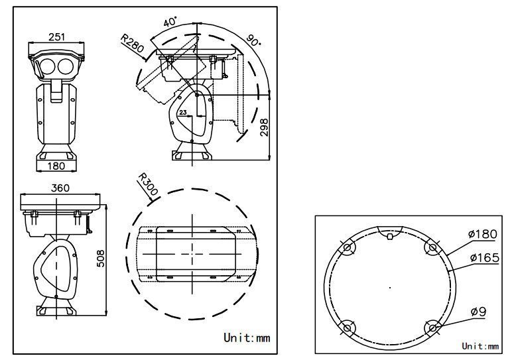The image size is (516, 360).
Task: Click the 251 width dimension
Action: (57, 36)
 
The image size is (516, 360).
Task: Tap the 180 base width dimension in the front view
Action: (56, 166)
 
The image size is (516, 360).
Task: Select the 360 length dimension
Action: (60, 188)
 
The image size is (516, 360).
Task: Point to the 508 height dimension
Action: (101, 259)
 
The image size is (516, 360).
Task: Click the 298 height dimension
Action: (264, 127)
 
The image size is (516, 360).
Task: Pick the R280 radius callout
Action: (132, 43)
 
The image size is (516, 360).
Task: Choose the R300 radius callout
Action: (148, 184)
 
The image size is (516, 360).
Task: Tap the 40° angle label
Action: (170, 22)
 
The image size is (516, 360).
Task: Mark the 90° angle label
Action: (253, 40)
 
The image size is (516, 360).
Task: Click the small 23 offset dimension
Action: (183, 112)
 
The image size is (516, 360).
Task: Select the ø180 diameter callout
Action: (483, 234)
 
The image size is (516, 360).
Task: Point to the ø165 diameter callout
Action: (485, 258)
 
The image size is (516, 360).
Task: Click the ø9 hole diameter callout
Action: (478, 312)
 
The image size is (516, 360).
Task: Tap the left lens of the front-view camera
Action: (46, 66)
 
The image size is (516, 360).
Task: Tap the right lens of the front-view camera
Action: (66, 66)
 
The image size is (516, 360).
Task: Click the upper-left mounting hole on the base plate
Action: (347, 247)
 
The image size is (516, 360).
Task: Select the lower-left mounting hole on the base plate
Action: (347, 328)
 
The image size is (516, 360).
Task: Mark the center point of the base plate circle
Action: (390, 288)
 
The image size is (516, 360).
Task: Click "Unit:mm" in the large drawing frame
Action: (247, 337)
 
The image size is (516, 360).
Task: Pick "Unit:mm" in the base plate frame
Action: (480, 346)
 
